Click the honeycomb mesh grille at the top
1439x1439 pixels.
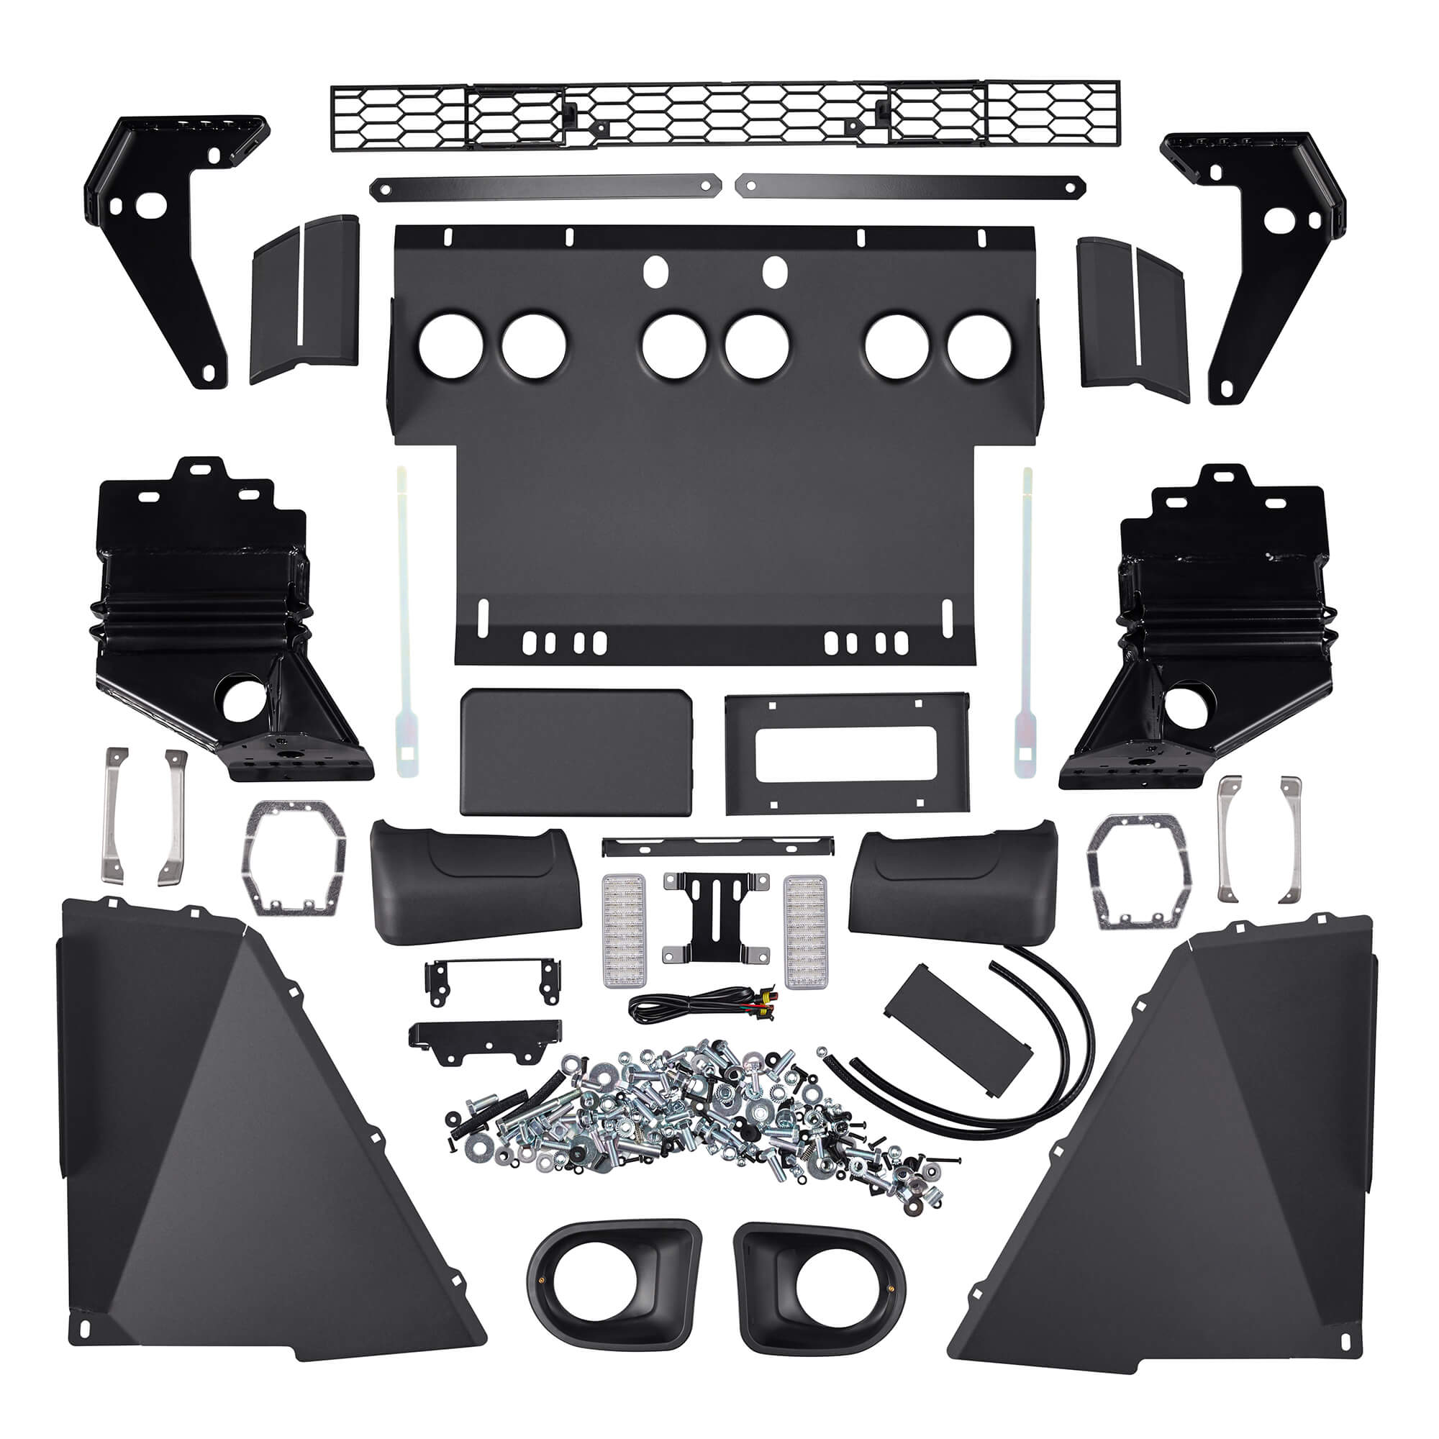(724, 115)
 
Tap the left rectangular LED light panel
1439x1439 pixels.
(622, 930)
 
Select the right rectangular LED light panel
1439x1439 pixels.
(806, 930)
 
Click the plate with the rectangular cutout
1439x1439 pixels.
(847, 753)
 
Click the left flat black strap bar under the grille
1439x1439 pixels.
(546, 188)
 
